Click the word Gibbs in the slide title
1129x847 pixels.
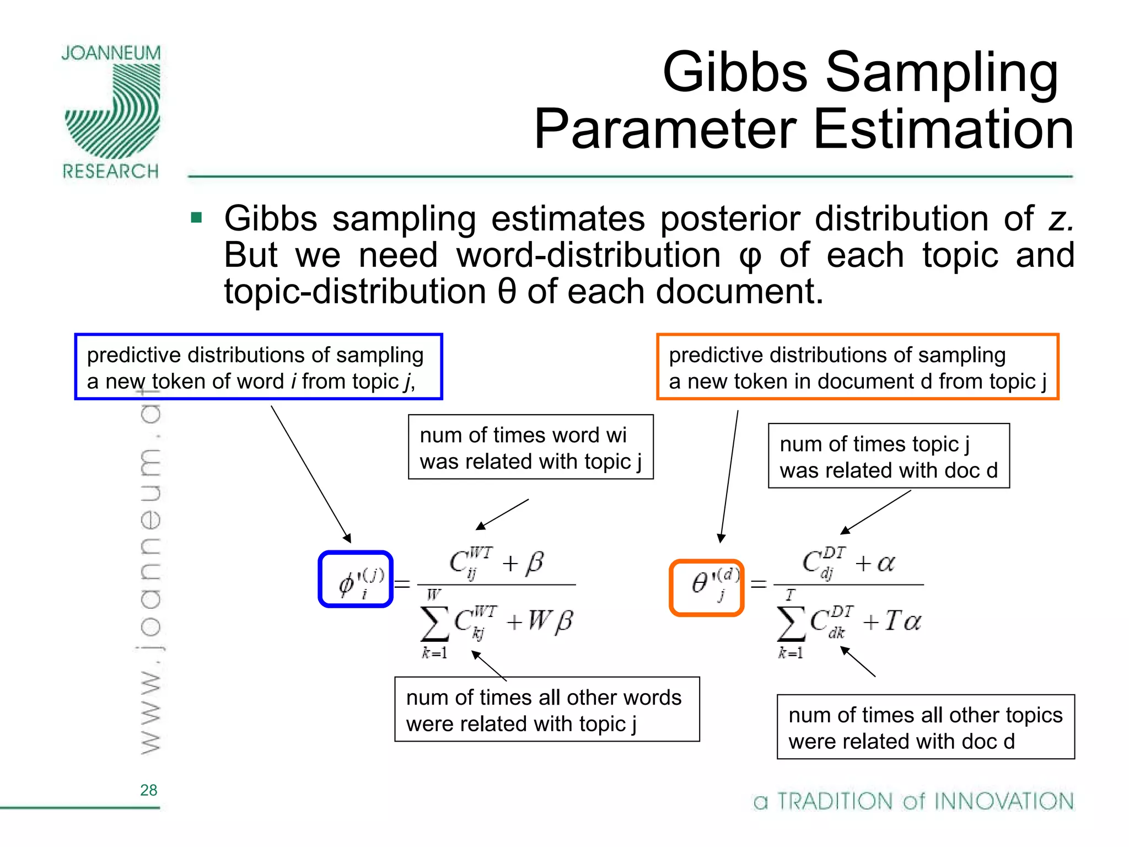[734, 72]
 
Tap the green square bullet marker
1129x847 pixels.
[196, 217]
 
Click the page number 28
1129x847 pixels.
[148, 790]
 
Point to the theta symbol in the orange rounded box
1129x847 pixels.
[700, 583]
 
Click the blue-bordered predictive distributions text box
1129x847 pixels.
[258, 367]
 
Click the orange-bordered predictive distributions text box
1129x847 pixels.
[857, 367]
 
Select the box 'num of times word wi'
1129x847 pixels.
[530, 447]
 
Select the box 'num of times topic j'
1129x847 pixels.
[888, 456]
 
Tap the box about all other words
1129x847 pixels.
[547, 710]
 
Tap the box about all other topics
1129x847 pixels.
[925, 727]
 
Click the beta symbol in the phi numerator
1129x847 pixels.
[534, 563]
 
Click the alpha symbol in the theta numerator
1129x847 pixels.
[885, 563]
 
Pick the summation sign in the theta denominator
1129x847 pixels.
[791, 625]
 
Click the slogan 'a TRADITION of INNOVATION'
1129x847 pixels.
[913, 801]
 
